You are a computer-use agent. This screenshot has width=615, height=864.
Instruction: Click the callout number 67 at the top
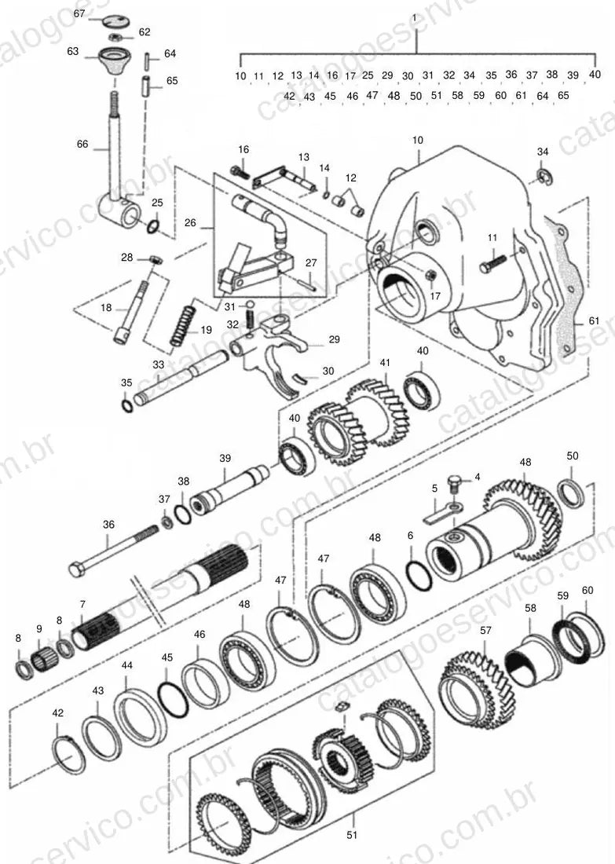(x=79, y=13)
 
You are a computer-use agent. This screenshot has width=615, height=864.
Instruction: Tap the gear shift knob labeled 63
(x=114, y=61)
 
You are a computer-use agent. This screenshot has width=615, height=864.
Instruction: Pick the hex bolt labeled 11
(x=492, y=263)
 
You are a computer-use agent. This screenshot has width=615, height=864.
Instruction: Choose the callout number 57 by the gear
(x=485, y=631)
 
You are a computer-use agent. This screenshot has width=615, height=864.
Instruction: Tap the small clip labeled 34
(x=544, y=176)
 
